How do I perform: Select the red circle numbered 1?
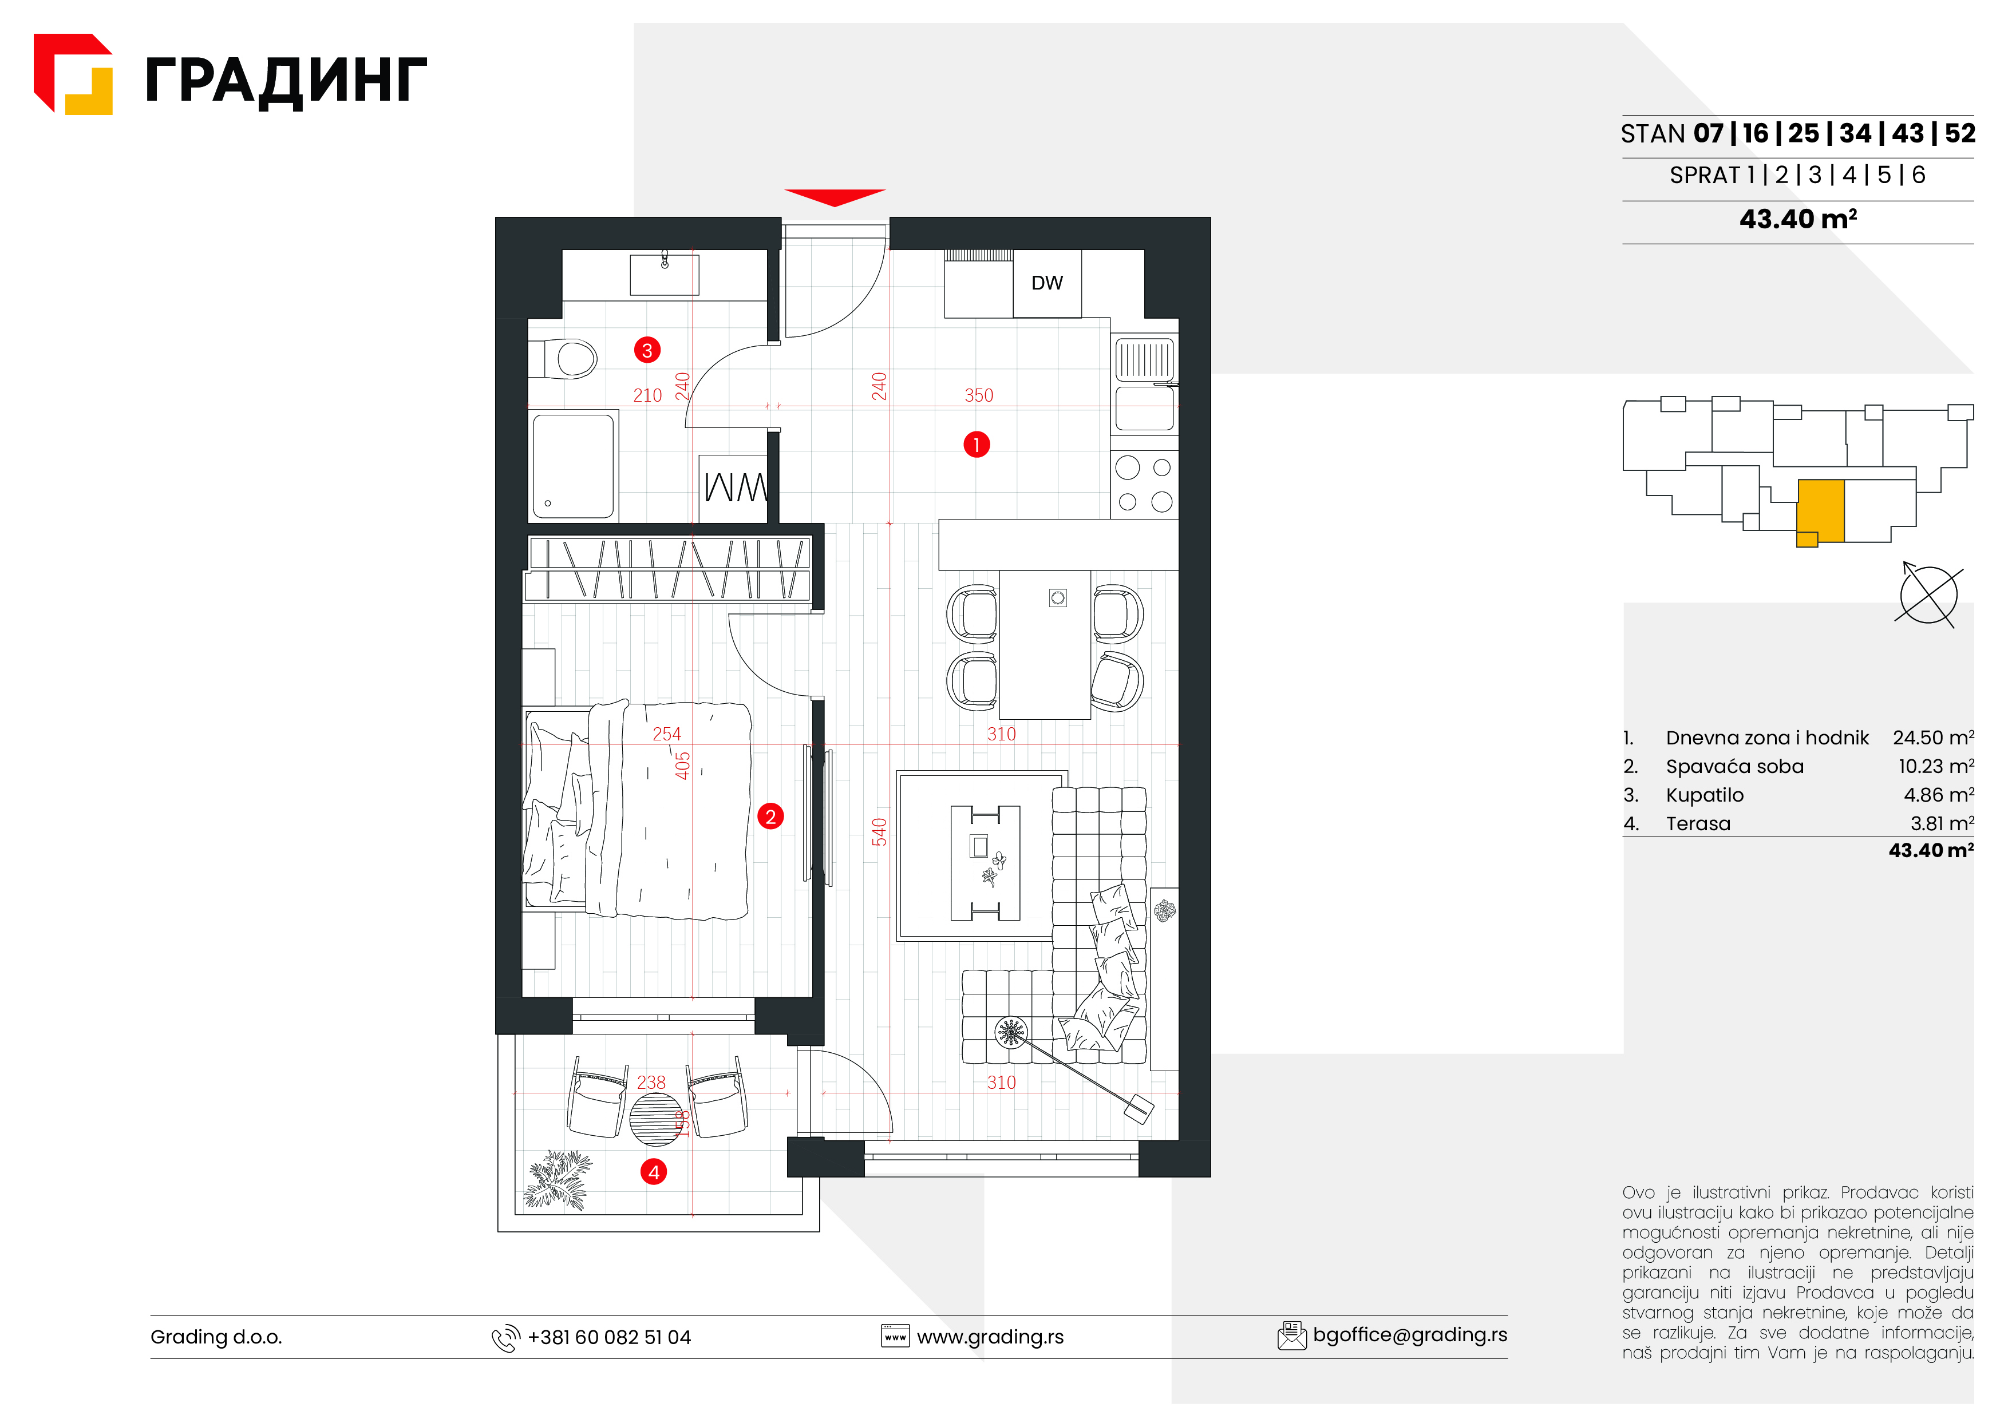pyautogui.click(x=976, y=445)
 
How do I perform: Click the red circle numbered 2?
pyautogui.click(x=770, y=816)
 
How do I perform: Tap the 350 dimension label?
pyautogui.click(x=979, y=395)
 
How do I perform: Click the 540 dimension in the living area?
pyautogui.click(x=879, y=831)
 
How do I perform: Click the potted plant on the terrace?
pyautogui.click(x=557, y=1180)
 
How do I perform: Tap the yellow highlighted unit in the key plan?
pyautogui.click(x=1821, y=512)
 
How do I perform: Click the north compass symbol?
pyautogui.click(x=1928, y=594)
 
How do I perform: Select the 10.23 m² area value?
pyautogui.click(x=1935, y=767)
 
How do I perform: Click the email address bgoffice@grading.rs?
pyautogui.click(x=1410, y=1335)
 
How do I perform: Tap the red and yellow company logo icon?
pyautogui.click(x=73, y=74)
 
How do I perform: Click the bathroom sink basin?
pyautogui.click(x=665, y=275)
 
